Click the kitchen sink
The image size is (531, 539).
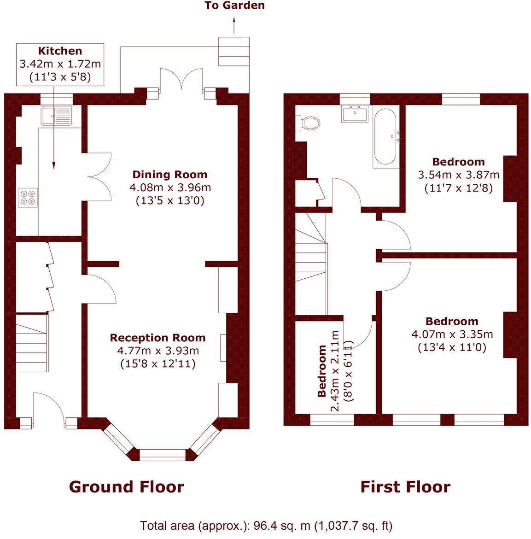coord(57,116)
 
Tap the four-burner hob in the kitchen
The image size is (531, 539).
coord(28,197)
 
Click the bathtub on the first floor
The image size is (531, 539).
coord(385,137)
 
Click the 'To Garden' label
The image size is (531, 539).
coord(235,5)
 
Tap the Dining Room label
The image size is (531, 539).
coord(170,175)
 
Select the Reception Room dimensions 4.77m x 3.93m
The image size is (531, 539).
coord(158,351)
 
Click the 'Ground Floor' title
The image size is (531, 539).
coord(127,487)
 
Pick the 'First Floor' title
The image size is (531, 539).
coord(406,487)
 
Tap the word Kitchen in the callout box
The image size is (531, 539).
coord(60,51)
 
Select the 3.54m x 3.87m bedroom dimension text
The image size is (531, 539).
coord(459,175)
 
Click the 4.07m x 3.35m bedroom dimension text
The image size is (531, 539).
coord(452,334)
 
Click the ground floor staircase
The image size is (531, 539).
coord(32,343)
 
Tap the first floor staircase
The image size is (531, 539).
coord(311,264)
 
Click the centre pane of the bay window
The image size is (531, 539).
coord(163,454)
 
